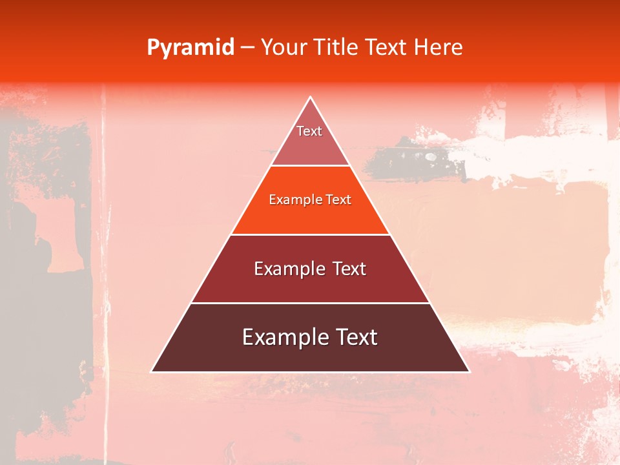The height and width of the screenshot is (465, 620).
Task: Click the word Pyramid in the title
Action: [x=191, y=48]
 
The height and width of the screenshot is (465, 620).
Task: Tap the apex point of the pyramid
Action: [x=311, y=98]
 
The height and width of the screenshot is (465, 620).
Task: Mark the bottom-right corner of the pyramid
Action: [x=469, y=371]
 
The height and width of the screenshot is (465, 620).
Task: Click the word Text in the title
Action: [x=386, y=48]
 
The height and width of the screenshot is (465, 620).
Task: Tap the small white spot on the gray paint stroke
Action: [x=431, y=156]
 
